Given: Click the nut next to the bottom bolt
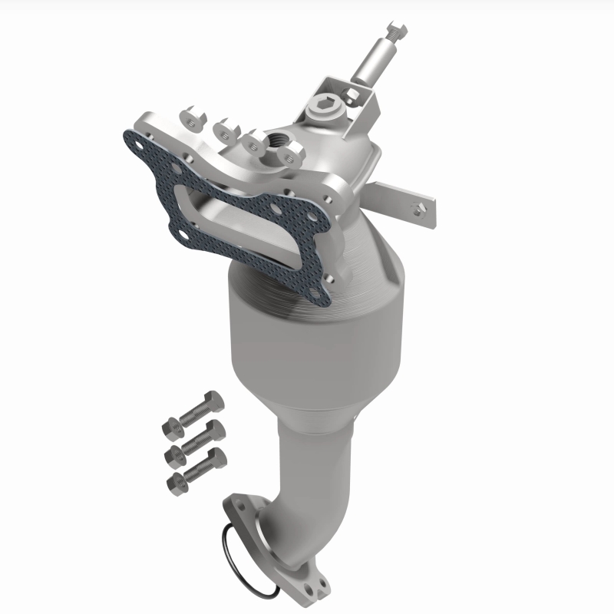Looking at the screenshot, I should pos(176,481).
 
